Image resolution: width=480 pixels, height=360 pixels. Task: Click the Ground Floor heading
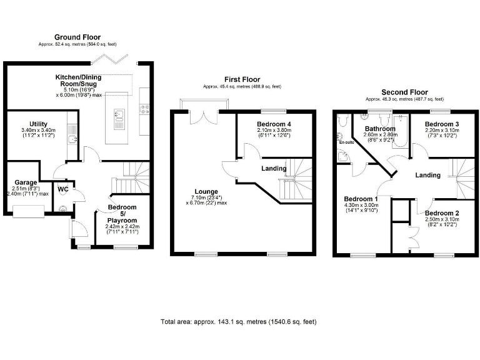click(77, 37)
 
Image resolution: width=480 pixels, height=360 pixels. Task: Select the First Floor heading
click(242, 79)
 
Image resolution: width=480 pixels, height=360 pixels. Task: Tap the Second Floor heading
click(404, 92)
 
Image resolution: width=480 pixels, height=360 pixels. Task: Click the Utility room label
click(38, 124)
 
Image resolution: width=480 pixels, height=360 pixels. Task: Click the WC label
click(62, 189)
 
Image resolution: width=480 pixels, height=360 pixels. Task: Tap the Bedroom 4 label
click(274, 124)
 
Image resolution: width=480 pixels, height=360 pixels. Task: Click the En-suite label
click(346, 142)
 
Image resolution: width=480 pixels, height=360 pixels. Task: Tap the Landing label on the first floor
click(274, 168)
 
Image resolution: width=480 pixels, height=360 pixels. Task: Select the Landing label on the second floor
click(427, 175)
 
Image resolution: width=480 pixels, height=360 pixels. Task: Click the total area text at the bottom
click(239, 322)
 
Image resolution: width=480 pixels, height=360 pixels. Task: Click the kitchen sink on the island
click(118, 114)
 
